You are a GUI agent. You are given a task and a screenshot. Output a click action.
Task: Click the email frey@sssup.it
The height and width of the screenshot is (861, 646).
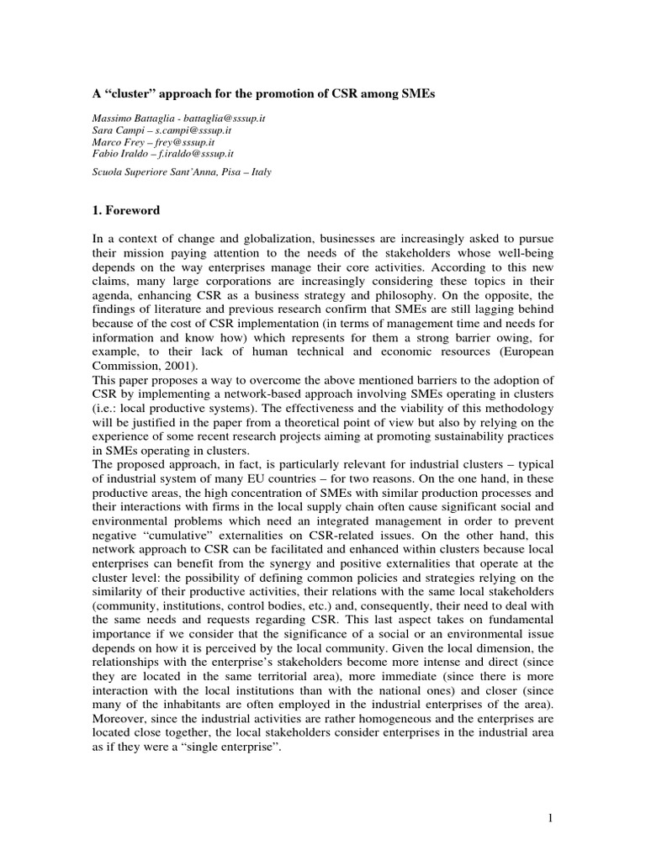[x=187, y=144]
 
